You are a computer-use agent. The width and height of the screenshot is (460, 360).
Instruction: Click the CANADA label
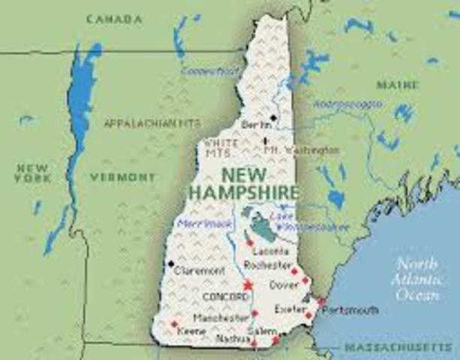click(113, 18)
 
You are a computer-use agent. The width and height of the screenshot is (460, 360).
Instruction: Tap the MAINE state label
click(398, 85)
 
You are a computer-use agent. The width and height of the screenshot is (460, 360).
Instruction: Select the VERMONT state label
click(123, 178)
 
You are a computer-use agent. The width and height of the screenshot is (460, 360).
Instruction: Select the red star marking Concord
click(248, 286)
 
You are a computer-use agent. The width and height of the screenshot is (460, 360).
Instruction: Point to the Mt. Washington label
click(302, 150)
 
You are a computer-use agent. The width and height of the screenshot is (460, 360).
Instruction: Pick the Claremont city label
click(199, 271)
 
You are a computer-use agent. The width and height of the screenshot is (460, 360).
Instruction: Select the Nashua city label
click(231, 339)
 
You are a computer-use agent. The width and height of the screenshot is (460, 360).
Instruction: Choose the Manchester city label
click(221, 317)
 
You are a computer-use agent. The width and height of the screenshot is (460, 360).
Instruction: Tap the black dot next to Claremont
click(171, 263)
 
